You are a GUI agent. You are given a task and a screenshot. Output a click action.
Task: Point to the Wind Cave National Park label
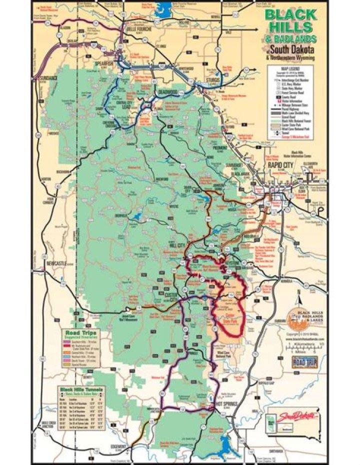(226, 353)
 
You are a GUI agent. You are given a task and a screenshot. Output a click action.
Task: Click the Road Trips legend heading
(77, 331)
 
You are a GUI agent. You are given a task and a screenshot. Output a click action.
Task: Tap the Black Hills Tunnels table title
(81, 388)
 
